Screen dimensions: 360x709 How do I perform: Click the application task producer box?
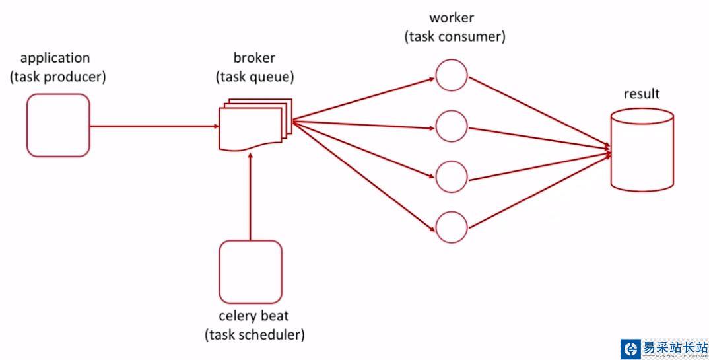click(x=58, y=126)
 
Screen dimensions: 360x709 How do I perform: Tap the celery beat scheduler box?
click(x=251, y=271)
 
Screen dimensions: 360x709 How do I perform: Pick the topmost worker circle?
click(x=452, y=75)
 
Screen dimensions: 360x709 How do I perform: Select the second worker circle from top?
click(x=452, y=125)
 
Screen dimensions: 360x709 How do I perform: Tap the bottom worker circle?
click(x=452, y=228)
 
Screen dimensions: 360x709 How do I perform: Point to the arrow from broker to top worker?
click(x=363, y=100)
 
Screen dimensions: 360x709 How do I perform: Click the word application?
click(x=55, y=58)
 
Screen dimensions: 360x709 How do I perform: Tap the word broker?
click(x=254, y=58)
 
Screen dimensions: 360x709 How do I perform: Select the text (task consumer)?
click(x=455, y=37)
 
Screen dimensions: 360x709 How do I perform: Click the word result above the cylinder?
click(x=642, y=94)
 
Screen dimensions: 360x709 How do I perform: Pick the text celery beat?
click(x=254, y=316)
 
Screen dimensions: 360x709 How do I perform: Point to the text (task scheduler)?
click(x=255, y=334)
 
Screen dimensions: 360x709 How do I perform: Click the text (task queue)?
click(x=255, y=77)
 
